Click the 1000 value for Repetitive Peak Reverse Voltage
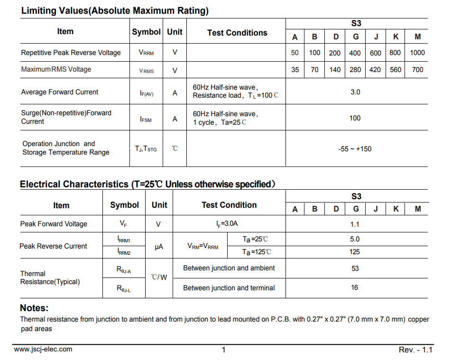[417, 53]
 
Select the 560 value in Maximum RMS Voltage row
[396, 70]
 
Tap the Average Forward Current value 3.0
[355, 92]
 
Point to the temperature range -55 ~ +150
[355, 149]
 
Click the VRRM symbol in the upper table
[146, 53]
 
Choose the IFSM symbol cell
[146, 120]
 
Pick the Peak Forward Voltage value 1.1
[355, 224]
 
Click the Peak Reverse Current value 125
[355, 252]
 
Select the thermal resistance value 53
[355, 268]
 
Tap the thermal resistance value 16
[355, 287]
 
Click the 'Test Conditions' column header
[237, 33]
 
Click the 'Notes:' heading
[34, 308]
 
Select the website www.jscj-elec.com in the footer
[43, 350]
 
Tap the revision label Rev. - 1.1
[415, 350]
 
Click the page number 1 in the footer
[224, 350]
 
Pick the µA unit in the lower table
[159, 247]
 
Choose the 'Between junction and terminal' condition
[229, 288]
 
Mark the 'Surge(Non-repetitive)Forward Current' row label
[66, 117]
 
